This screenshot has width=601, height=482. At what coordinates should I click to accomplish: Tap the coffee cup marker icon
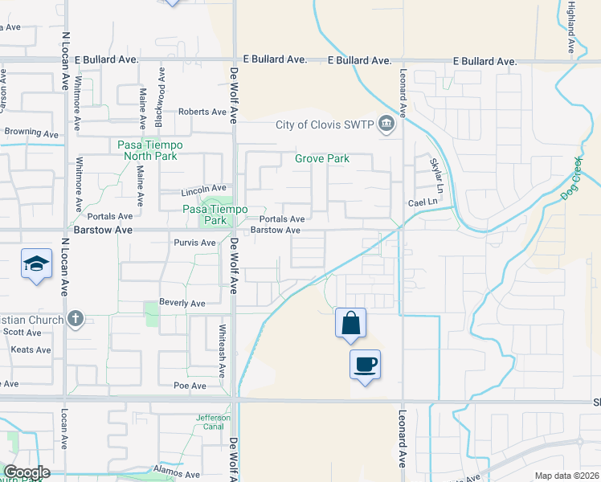(x=365, y=364)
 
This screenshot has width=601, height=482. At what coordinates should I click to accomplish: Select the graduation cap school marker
(x=35, y=263)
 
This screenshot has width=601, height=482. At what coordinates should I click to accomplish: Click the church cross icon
(x=76, y=319)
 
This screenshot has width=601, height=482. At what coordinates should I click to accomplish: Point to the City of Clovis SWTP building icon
(x=387, y=124)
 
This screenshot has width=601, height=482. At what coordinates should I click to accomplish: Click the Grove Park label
(x=321, y=159)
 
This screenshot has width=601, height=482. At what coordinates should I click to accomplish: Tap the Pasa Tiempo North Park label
(x=150, y=150)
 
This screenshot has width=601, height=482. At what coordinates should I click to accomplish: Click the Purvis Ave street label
(x=194, y=243)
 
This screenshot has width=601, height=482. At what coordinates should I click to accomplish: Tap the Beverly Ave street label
(x=183, y=304)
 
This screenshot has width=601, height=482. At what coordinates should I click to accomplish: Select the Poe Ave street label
(x=189, y=386)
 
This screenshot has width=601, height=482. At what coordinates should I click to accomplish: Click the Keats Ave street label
(x=31, y=349)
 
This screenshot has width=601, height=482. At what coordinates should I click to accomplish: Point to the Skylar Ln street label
(x=435, y=172)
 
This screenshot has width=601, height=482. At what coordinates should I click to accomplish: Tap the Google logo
(x=26, y=472)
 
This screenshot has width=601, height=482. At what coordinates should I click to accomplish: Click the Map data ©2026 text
(x=567, y=476)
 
